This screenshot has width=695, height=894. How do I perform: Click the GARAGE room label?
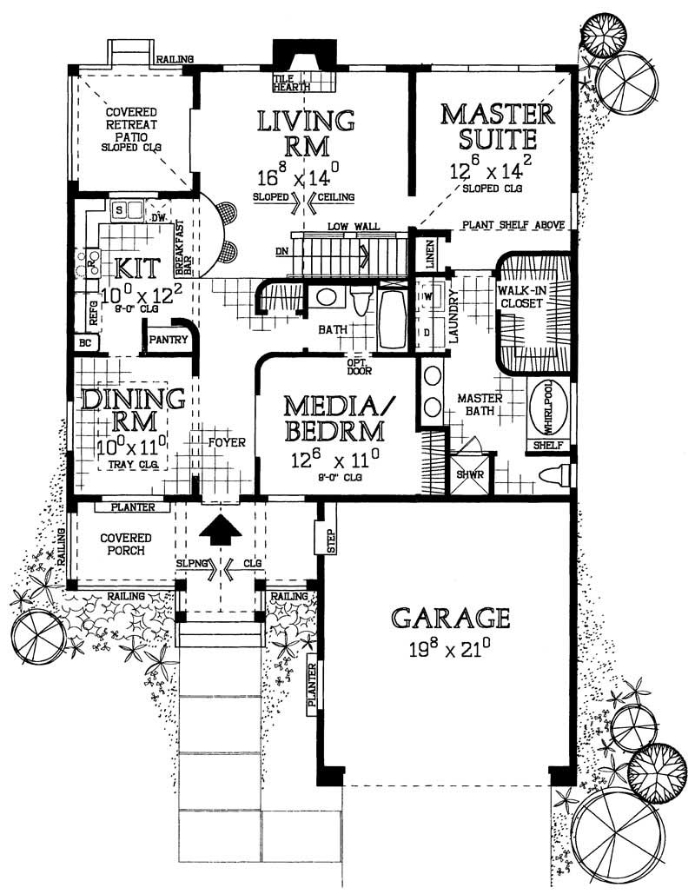tap(449, 618)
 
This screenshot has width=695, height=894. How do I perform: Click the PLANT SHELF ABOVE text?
tap(513, 225)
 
